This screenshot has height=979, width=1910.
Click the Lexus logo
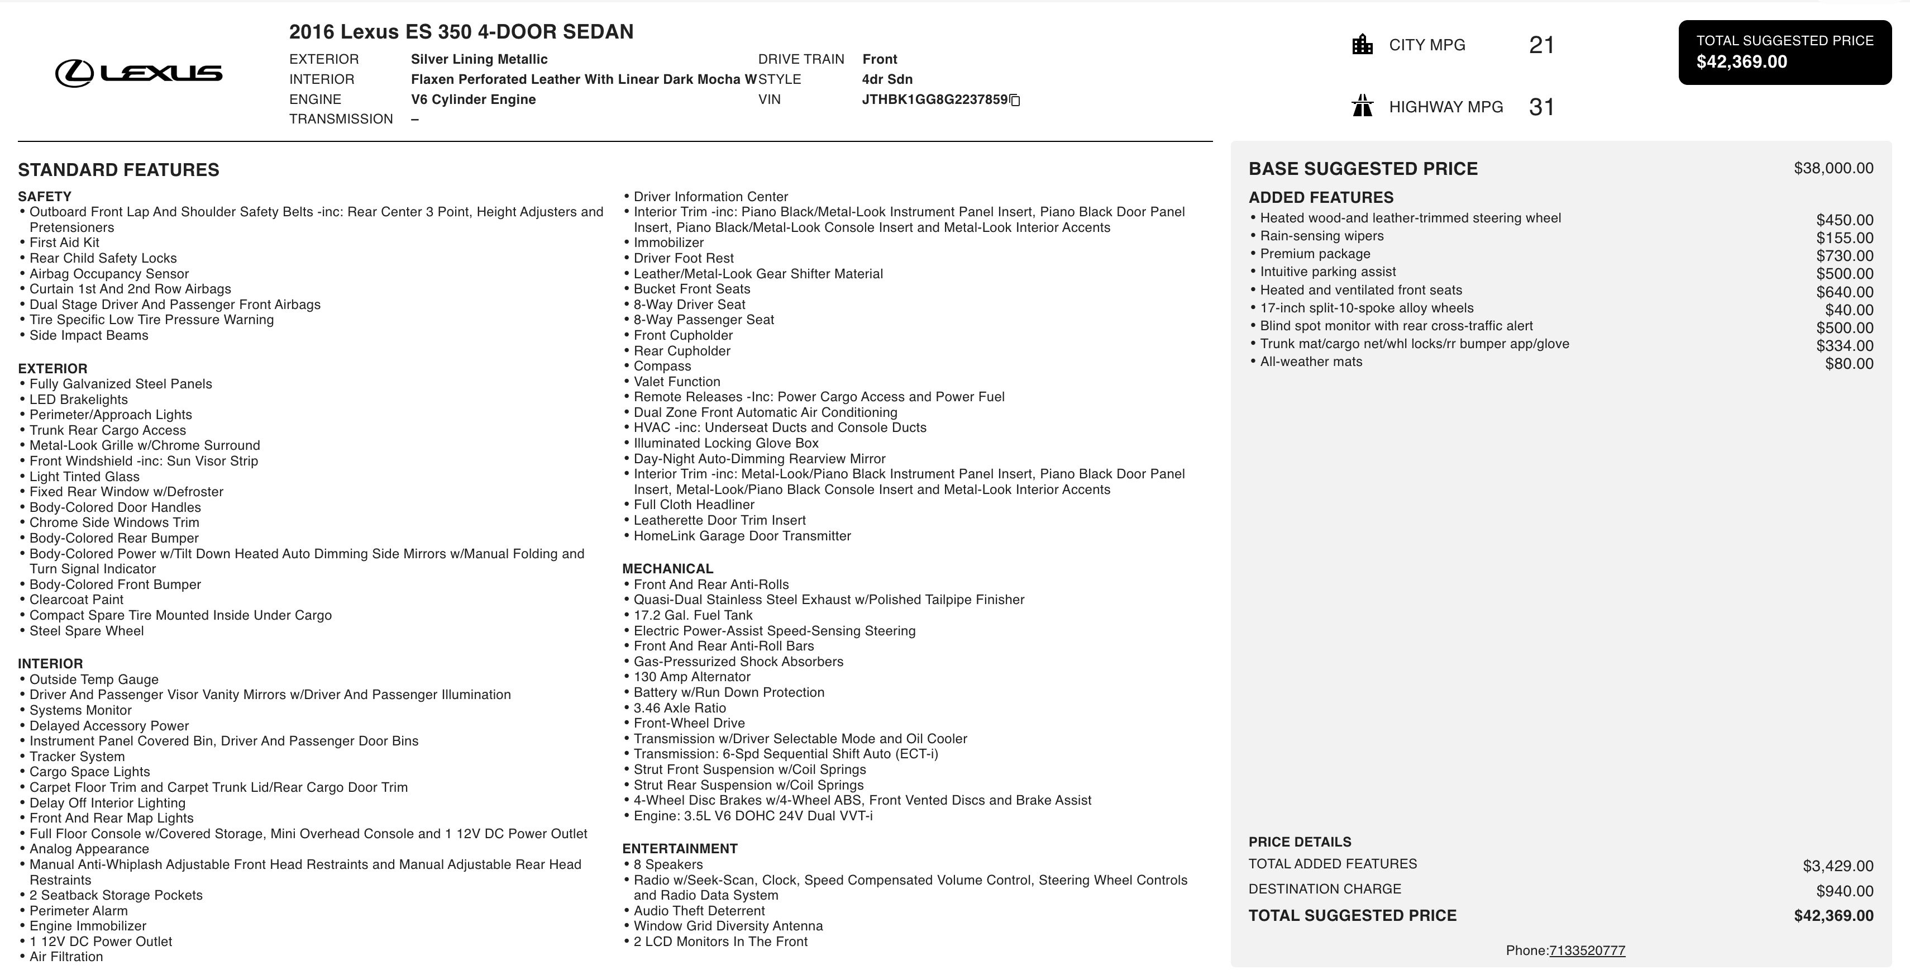(x=139, y=73)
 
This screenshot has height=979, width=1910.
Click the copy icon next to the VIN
(x=1015, y=100)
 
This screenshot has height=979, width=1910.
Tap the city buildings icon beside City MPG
(x=1362, y=45)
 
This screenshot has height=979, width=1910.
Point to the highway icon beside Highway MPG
(x=1362, y=106)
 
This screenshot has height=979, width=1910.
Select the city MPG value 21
(x=1541, y=45)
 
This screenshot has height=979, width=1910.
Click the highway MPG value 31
(x=1541, y=107)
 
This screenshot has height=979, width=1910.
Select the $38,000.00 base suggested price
(x=1833, y=168)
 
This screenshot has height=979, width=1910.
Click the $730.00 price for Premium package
(x=1844, y=256)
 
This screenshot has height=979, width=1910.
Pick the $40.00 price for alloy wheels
(x=1849, y=310)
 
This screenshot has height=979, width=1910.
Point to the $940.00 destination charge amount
(x=1844, y=891)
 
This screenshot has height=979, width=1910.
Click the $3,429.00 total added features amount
(x=1837, y=866)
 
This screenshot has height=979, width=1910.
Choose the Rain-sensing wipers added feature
(x=1321, y=236)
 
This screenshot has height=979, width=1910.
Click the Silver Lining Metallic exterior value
(x=479, y=59)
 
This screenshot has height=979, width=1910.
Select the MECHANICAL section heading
(x=667, y=569)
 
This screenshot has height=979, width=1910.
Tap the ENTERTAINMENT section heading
(x=679, y=848)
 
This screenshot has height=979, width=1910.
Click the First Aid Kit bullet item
(x=64, y=243)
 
